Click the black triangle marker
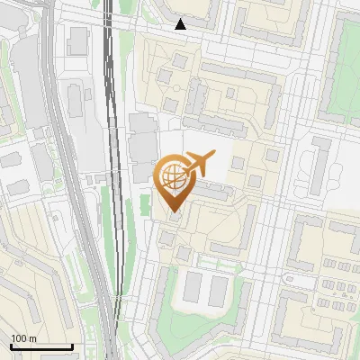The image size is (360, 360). click(181, 24)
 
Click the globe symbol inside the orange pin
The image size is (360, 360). click(174, 177)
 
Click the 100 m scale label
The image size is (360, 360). click(23, 338)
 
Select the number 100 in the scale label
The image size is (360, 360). click(19, 338)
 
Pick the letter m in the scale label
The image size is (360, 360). click(32, 338)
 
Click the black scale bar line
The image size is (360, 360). click(40, 346)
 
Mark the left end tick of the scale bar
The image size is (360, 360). click(10, 345)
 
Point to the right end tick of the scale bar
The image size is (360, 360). click(72, 345)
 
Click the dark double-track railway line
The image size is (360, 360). click(111, 135)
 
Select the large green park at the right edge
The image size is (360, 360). click(345, 90)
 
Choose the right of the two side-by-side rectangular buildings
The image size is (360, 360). click(219, 290)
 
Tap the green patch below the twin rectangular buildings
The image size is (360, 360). click(216, 324)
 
